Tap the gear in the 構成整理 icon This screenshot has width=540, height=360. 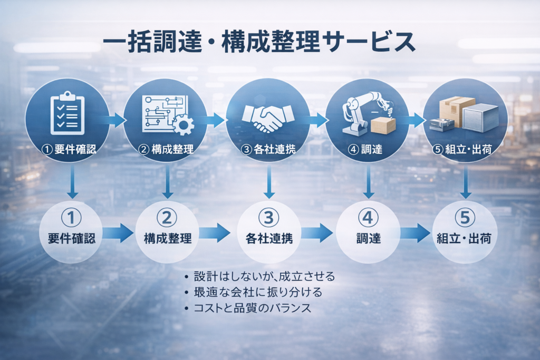183,124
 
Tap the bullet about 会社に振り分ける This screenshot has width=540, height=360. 257,292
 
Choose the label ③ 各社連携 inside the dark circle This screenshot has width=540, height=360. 268,149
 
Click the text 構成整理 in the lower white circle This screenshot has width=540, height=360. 168,238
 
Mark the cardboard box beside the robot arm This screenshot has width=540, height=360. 383,125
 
